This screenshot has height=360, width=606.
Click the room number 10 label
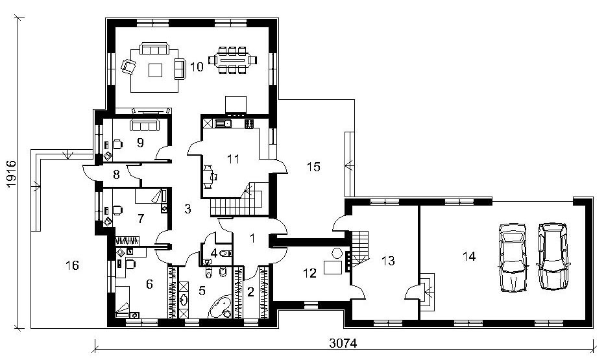point(197,67)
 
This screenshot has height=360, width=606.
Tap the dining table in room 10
point(232,60)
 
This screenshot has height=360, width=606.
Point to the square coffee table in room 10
point(156,69)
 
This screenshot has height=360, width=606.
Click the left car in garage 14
point(513,258)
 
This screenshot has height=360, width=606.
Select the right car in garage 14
point(553,256)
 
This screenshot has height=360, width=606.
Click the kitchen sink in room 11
point(223,124)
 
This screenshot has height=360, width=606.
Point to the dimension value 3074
point(343,343)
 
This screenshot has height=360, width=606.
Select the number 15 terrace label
point(314,167)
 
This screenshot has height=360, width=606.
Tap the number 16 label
point(72,265)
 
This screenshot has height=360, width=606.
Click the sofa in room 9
point(145,125)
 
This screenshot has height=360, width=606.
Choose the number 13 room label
point(388,261)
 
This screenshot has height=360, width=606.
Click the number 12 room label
point(310,273)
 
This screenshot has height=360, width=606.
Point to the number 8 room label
point(116,175)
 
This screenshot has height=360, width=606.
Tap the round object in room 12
point(337,254)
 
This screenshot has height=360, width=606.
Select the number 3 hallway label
point(188,209)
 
